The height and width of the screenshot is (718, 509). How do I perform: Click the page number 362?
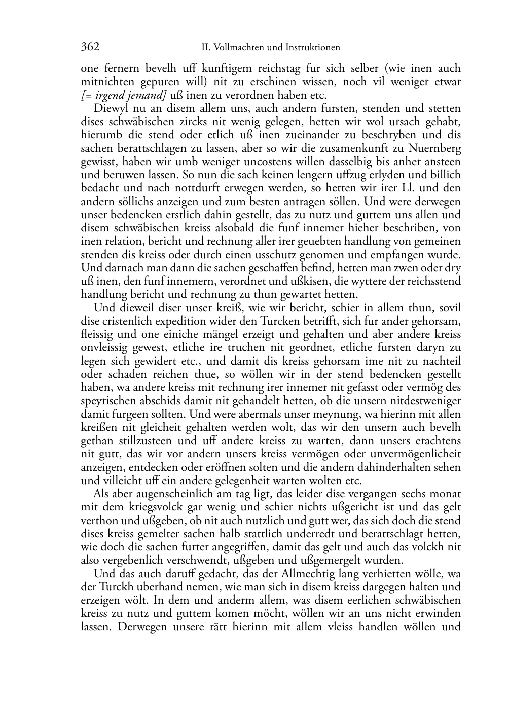(90, 47)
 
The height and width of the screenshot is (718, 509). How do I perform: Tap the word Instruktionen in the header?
(312, 48)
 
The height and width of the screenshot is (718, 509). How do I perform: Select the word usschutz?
(241, 254)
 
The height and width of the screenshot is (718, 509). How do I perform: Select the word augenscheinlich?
(168, 494)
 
